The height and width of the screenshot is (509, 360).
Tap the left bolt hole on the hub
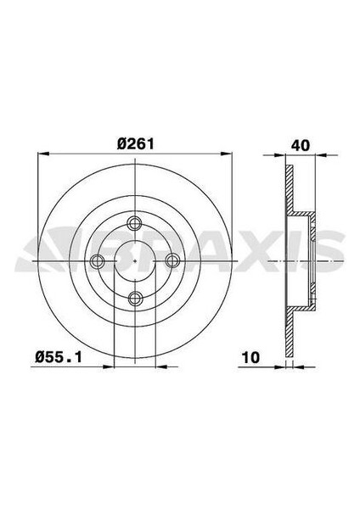pyautogui.click(x=98, y=260)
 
